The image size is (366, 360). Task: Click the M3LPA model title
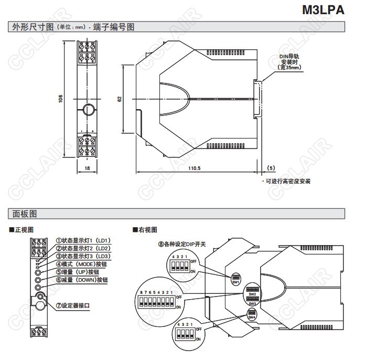coord(323,10)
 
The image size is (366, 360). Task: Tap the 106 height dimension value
coord(61,98)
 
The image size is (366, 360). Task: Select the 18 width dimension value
coord(87,168)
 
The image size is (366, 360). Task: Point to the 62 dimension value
coord(120,98)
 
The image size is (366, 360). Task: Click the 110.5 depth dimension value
coord(195,168)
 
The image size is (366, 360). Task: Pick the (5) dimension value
coord(271,168)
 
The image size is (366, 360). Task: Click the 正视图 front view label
coord(24,230)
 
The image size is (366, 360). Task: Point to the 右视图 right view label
coord(147,230)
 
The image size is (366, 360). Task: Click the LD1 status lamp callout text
coord(83,240)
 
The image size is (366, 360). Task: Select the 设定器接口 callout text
coord(76,305)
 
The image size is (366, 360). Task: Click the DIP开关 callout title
coord(182,244)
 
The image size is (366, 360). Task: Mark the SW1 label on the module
coord(235,282)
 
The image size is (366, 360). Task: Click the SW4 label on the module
coord(252,317)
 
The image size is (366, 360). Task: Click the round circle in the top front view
coord(87,110)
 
